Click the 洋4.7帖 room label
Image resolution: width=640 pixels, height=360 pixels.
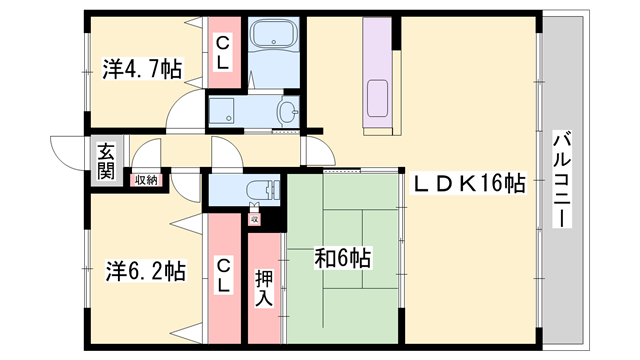(x=140, y=69)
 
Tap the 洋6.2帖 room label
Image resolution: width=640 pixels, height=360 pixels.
(x=145, y=271)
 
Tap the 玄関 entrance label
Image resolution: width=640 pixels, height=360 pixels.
(x=105, y=161)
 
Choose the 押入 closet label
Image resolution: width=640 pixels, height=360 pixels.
(x=263, y=289)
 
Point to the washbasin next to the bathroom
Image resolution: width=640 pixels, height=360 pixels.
(x=289, y=111)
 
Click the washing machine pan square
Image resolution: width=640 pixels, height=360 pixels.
(x=225, y=111)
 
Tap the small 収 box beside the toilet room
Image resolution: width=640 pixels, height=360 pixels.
(x=254, y=215)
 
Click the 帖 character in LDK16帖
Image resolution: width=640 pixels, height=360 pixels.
(x=514, y=183)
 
